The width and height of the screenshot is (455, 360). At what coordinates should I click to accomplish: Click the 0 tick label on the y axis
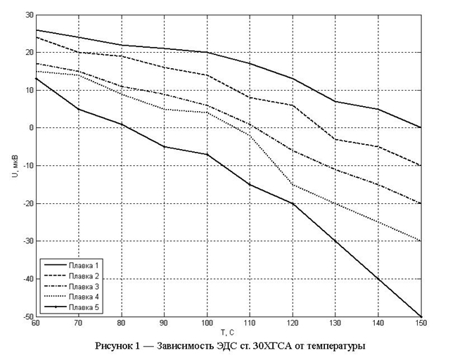coord(29,127)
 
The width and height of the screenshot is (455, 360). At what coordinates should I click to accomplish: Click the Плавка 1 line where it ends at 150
coord(421,127)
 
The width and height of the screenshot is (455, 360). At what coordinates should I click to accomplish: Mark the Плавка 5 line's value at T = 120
coord(293,203)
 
